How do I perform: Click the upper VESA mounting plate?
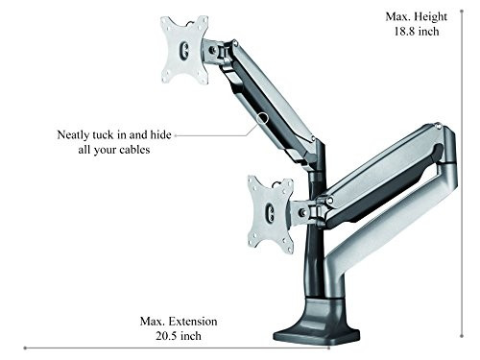pos(184,49)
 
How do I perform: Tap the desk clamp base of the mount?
pos(316,330)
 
